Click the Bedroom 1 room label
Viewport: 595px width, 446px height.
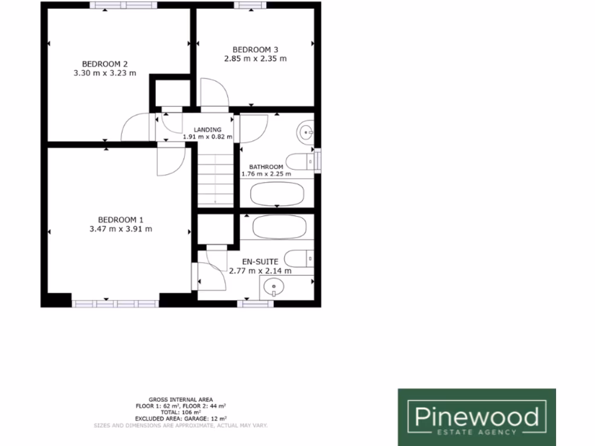point(120,220)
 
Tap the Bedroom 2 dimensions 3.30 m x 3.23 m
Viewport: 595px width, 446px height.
point(105,73)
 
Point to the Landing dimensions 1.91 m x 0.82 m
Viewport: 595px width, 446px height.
point(207,137)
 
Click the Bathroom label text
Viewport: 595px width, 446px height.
point(266,167)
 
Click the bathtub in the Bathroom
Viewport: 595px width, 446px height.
point(277,193)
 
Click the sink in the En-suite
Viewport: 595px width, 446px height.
point(271,286)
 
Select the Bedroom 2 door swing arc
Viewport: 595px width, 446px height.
point(135,127)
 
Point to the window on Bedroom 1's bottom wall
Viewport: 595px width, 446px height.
point(114,303)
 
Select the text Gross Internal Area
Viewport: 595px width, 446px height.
point(180,400)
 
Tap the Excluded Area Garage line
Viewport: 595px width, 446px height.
point(180,418)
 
